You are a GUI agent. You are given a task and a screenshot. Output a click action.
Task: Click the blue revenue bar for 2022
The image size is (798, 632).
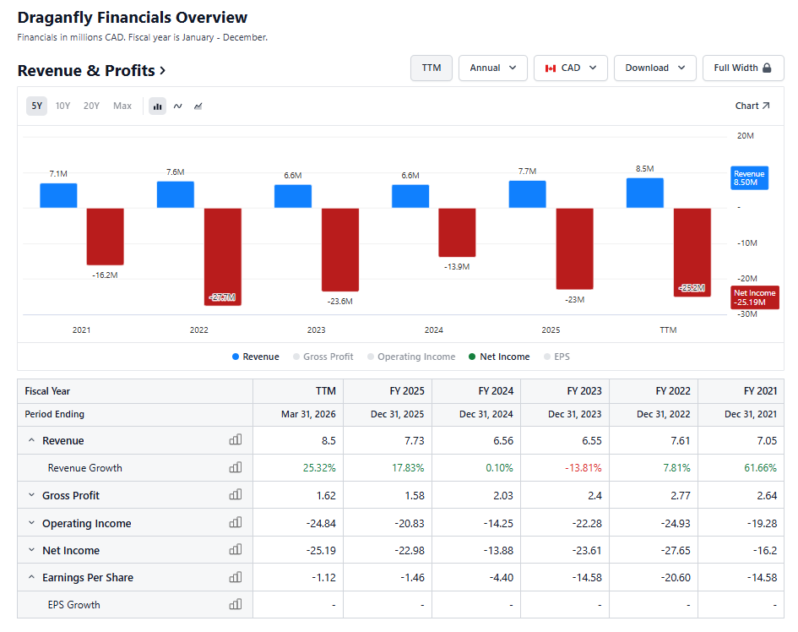176,194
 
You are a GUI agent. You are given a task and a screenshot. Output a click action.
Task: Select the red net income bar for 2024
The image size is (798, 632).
457,232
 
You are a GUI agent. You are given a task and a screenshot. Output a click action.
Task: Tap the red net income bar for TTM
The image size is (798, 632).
692,252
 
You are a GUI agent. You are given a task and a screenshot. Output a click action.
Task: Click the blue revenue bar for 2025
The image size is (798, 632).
527,194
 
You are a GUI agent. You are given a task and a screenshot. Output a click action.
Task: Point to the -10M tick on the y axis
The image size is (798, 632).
747,243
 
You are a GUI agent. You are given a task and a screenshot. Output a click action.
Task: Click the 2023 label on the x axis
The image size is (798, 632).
316,330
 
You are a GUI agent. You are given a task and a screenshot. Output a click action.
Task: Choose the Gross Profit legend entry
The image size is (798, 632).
323,357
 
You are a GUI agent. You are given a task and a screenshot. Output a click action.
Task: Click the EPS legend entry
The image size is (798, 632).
556,357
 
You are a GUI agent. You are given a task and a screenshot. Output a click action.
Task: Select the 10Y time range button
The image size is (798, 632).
62,106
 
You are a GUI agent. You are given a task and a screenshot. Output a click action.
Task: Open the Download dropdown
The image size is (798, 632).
655,68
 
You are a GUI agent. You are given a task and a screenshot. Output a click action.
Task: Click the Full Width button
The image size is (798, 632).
743,68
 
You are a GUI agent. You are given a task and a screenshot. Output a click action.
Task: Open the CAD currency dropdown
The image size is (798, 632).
571,68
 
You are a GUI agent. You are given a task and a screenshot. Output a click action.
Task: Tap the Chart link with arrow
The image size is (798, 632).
752,106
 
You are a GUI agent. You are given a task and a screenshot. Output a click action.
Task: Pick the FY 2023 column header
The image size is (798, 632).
584,391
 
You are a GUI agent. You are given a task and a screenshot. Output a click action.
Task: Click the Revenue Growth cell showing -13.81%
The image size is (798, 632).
584,467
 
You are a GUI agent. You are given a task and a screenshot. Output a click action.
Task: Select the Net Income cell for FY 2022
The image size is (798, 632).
676,551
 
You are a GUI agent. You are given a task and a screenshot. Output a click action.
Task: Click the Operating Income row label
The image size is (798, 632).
86,524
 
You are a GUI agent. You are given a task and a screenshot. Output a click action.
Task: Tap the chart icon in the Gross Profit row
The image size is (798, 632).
236,494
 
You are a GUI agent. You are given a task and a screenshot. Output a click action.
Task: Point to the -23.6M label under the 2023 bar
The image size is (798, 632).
340,301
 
